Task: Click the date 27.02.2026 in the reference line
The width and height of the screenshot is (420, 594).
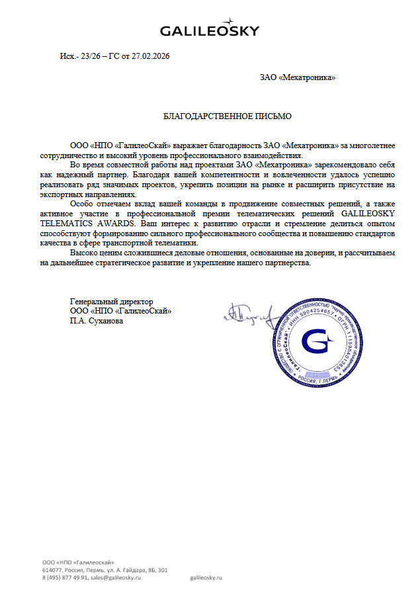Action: [151, 56]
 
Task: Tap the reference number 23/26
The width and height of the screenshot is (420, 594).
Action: [89, 56]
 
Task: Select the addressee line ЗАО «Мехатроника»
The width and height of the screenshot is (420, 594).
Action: [298, 78]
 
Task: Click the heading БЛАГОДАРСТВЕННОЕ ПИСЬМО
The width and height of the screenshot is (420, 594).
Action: [227, 116]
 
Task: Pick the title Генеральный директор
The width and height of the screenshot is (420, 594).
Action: [111, 302]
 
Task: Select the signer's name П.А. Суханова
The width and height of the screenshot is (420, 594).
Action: [96, 321]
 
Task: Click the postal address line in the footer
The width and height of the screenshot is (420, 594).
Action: [105, 570]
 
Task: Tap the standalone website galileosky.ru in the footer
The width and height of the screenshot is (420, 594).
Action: [206, 577]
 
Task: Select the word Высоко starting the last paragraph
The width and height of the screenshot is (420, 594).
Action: [84, 253]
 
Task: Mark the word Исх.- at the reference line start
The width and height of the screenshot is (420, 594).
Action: [68, 56]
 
